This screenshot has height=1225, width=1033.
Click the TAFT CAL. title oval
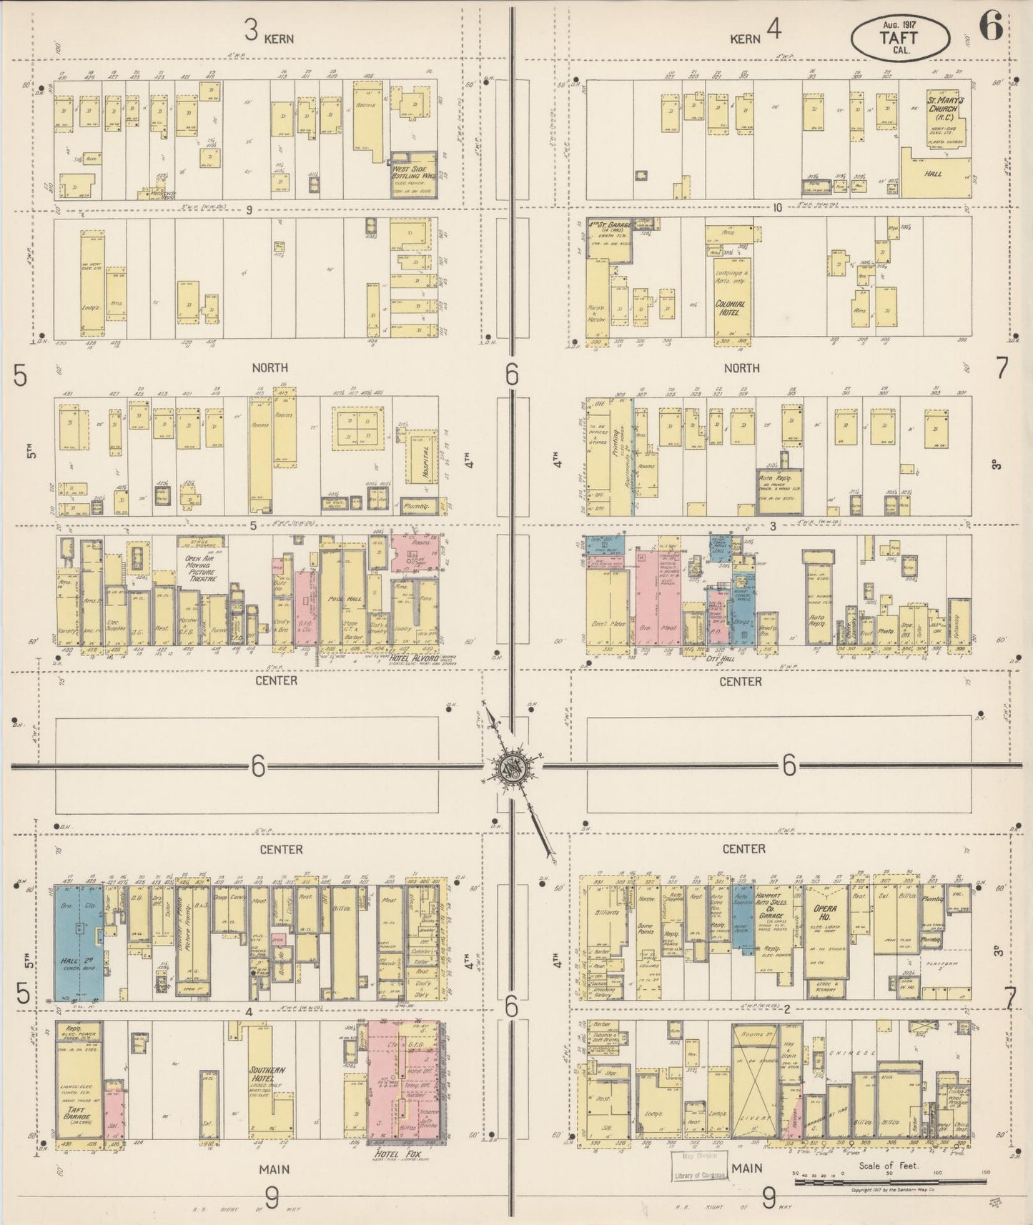(900, 34)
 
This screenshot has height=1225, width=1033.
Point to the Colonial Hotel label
(731, 308)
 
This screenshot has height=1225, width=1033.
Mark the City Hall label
(720, 660)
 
